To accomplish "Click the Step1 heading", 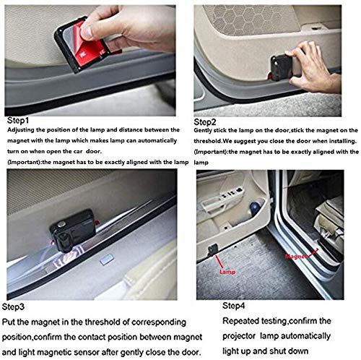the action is pyautogui.click(x=18, y=121).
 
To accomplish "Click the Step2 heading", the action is pyautogui.click(x=205, y=122).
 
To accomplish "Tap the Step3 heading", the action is pyautogui.click(x=13, y=307).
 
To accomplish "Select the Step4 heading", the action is pyautogui.click(x=233, y=306).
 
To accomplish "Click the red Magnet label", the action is pyautogui.click(x=296, y=257).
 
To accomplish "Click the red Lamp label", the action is pyautogui.click(x=227, y=272).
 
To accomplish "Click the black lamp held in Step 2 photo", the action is pyautogui.click(x=281, y=67).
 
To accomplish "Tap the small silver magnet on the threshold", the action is pyautogui.click(x=107, y=260).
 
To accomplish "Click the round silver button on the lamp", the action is pyautogui.click(x=62, y=224).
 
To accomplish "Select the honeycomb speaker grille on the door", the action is pyautogui.click(x=251, y=20).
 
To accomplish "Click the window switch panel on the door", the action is pyautogui.click(x=231, y=193).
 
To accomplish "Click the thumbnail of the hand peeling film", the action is pyautogui.click(x=90, y=61).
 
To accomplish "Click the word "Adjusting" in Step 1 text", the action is pyautogui.click(x=21, y=130).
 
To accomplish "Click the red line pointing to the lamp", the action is pyautogui.click(x=219, y=262).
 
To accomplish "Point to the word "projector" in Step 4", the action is pyautogui.click(x=239, y=336).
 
